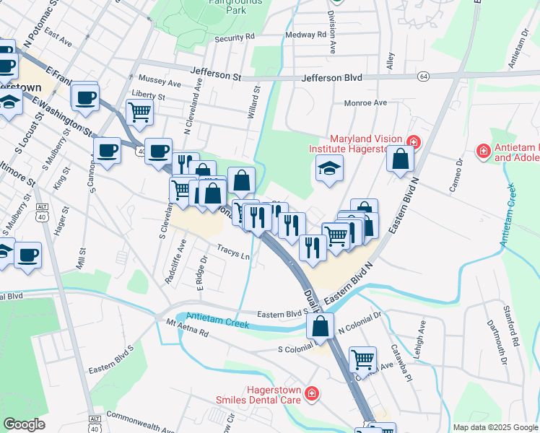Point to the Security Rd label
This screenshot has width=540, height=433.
235,37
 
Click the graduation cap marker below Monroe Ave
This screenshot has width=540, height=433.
329,169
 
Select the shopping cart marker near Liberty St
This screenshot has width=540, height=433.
139,112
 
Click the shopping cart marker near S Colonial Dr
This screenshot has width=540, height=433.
362,358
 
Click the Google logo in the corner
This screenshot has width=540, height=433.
24,424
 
